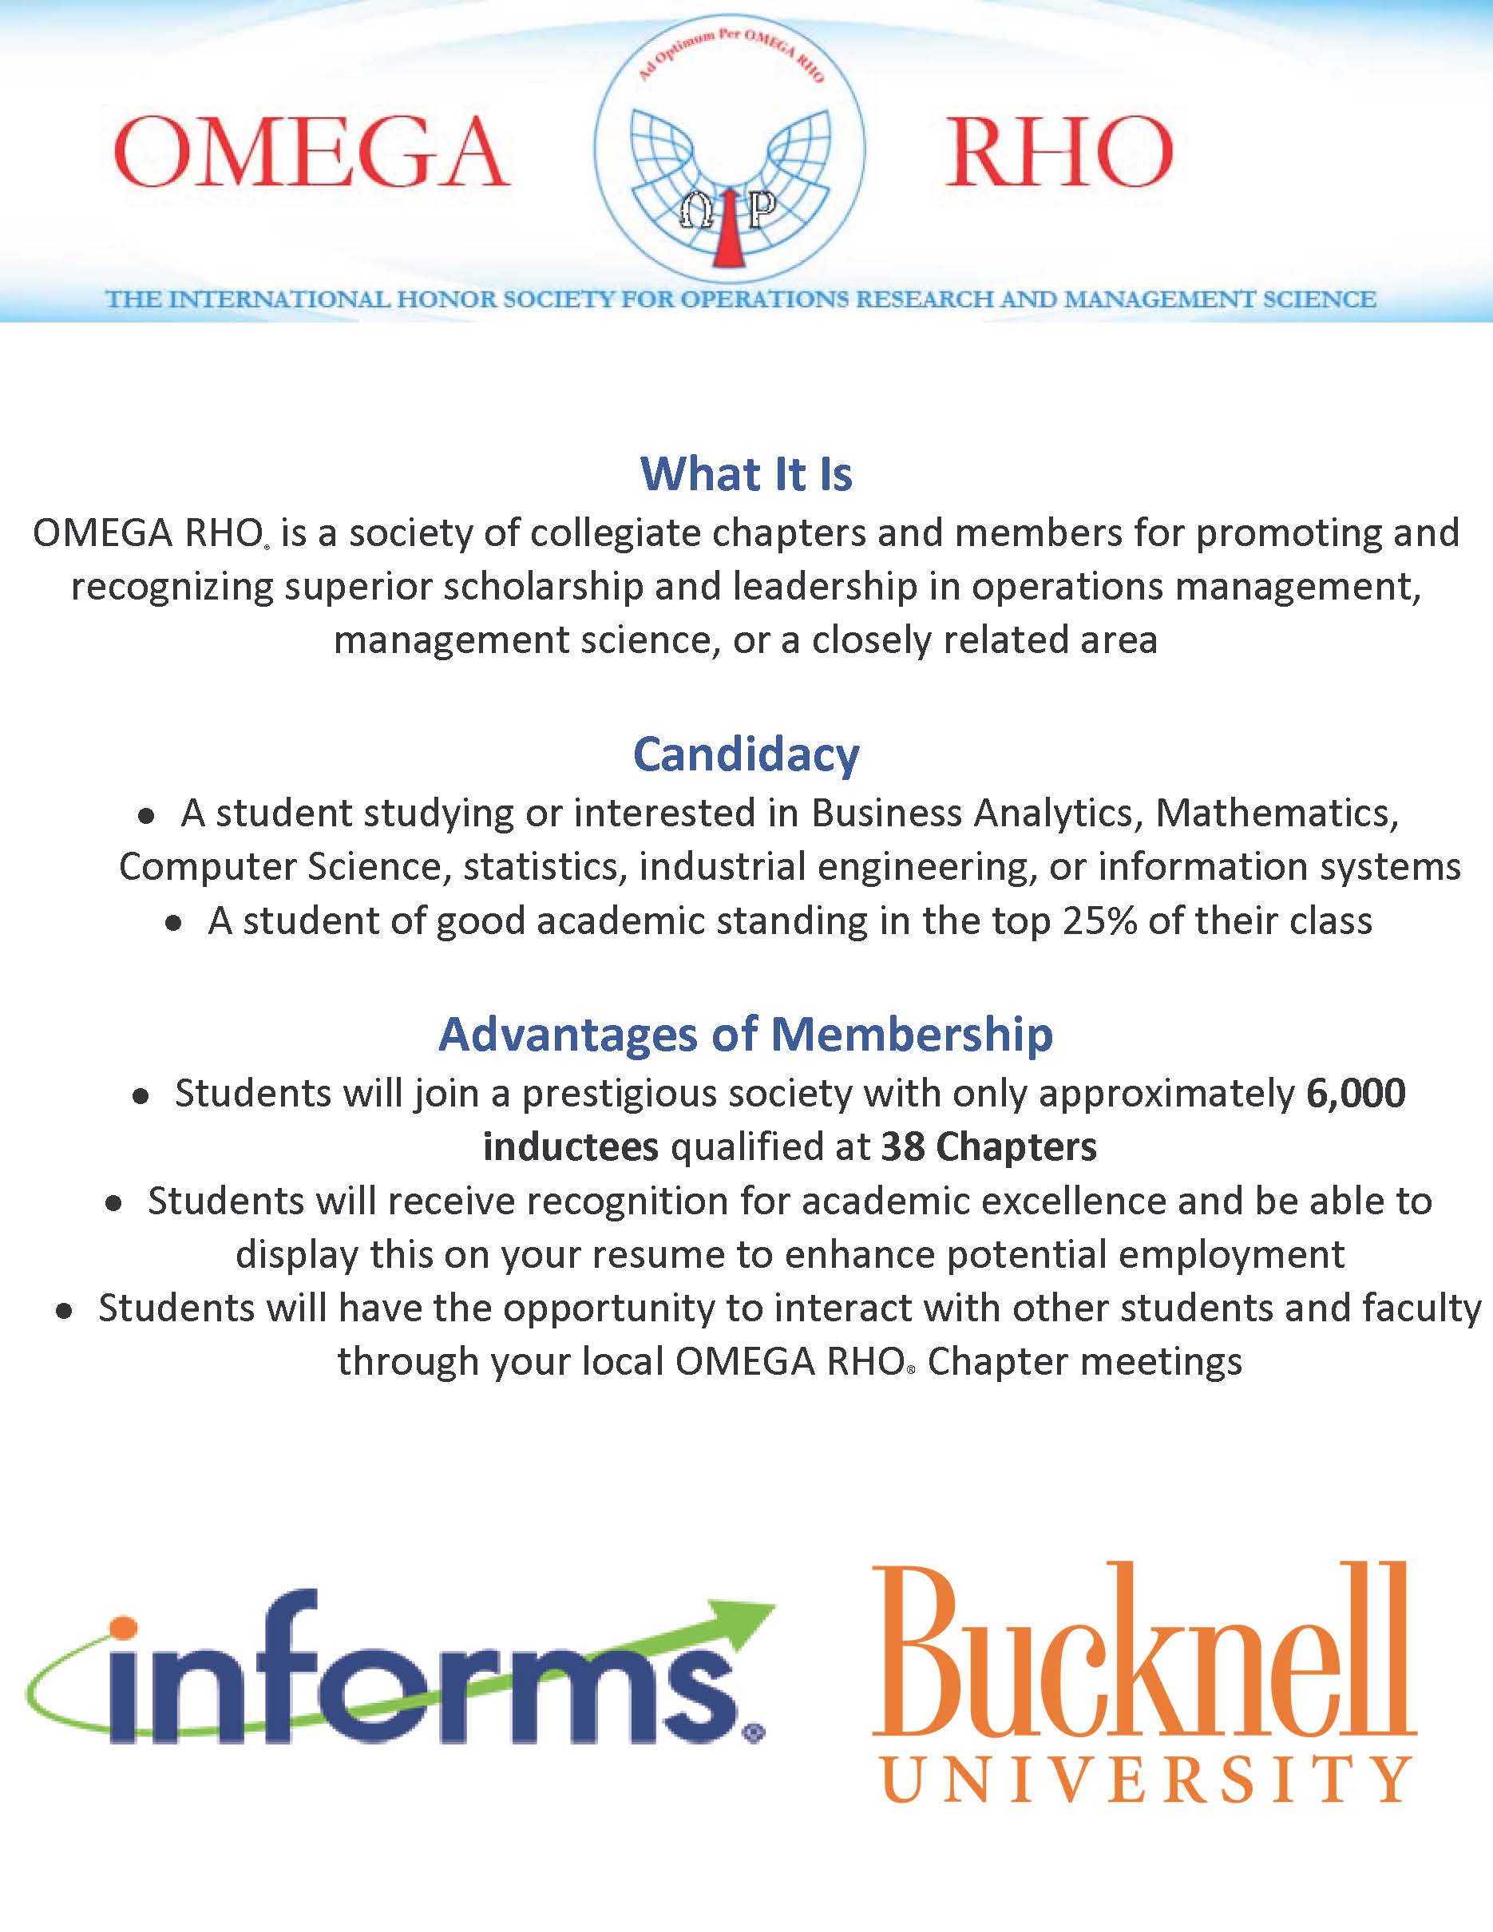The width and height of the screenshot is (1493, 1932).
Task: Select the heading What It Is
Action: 746,474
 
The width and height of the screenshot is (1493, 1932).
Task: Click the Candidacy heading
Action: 746,754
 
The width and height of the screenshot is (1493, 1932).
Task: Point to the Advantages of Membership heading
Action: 746,1034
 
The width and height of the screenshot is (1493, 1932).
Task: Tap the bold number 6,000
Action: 1356,1094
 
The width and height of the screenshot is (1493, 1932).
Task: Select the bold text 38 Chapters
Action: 989,1147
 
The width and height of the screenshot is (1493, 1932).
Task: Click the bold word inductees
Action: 571,1147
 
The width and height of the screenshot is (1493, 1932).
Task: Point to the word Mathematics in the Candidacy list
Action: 1277,813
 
